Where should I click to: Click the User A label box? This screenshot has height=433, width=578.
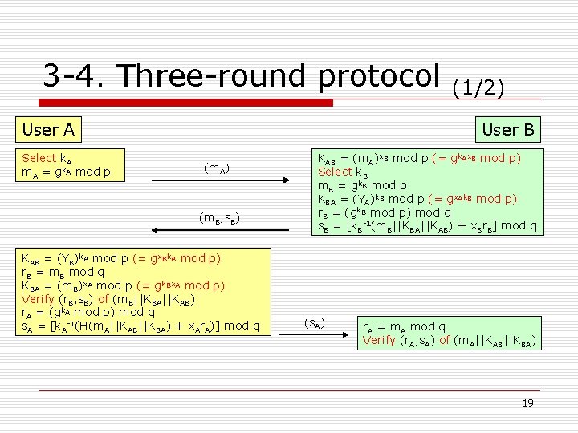[48, 129]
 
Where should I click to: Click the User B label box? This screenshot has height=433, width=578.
[508, 129]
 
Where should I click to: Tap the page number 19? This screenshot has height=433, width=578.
[527, 403]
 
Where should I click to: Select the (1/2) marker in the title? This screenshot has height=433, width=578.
[479, 87]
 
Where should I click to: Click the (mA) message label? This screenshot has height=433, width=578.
[217, 168]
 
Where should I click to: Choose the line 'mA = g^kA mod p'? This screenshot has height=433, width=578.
[67, 172]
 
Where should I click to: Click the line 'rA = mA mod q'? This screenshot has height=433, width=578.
[405, 327]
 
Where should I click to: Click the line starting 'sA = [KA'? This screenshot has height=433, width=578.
[140, 326]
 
